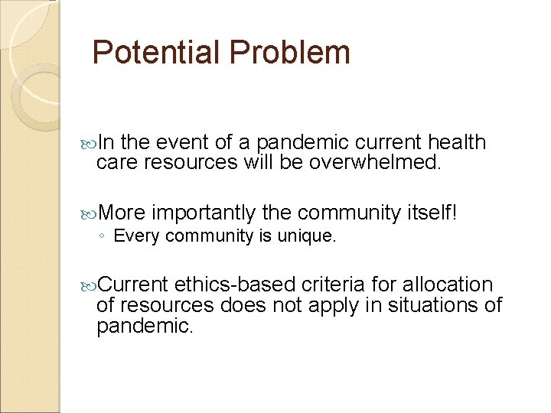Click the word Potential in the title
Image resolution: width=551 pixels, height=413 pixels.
154,53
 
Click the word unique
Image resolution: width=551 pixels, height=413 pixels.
309,236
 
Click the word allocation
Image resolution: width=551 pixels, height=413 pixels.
446,285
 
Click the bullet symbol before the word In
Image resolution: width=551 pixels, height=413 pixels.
89,143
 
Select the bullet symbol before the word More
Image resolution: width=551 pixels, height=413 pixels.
89,213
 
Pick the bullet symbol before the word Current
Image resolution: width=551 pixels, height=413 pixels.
89,286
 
